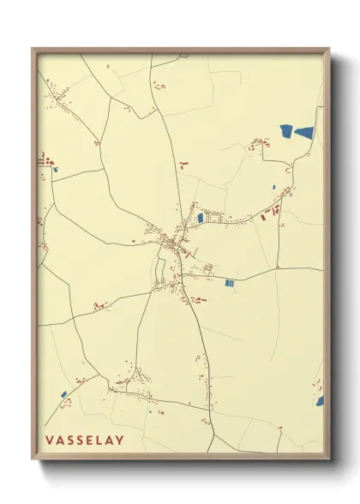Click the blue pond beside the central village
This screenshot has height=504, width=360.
coord(201,218)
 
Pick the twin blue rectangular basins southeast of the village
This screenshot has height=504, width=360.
coord(229,283)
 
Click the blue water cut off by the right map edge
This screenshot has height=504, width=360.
coord(320,400)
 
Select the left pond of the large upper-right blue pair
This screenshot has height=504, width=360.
coord(286,130)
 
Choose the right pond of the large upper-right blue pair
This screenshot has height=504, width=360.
coord(304,132)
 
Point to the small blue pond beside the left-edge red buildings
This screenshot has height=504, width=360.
coord(56,169)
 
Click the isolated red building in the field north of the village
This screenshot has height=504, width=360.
coord(183,162)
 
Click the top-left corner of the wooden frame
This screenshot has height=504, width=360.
coord(33,50)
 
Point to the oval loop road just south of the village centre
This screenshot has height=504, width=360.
coord(159,273)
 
